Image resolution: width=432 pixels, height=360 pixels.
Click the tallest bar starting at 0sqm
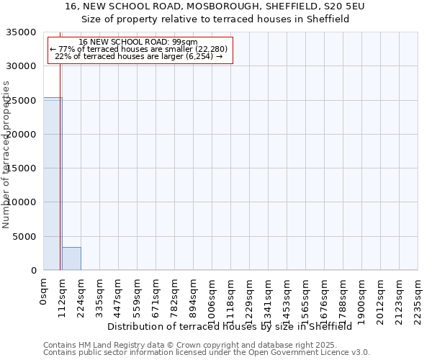pyautogui.click(x=53, y=184)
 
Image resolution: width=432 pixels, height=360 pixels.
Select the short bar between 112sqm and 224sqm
pyautogui.click(x=71, y=258)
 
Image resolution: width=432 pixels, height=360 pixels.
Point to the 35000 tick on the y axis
pyautogui.click(x=23, y=32)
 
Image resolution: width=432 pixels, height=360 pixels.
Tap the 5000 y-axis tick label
pyautogui.click(x=26, y=237)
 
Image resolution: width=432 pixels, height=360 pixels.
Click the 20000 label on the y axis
pyautogui.click(x=23, y=135)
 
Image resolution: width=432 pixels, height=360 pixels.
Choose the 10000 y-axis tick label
pyautogui.click(x=23, y=203)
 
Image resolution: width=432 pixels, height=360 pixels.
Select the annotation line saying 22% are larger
pyautogui.click(x=139, y=56)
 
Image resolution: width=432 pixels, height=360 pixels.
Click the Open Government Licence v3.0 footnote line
pyautogui.click(x=207, y=352)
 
